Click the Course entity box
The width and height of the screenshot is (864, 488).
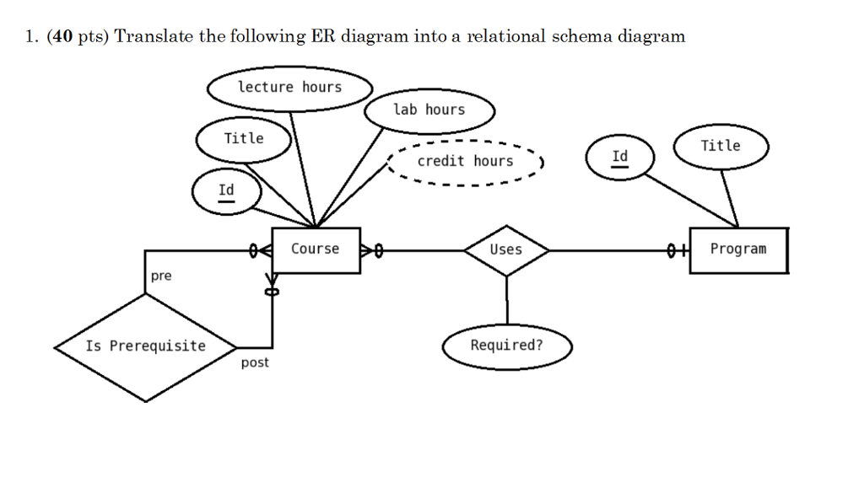(316, 249)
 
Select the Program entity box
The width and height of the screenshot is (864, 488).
(738, 249)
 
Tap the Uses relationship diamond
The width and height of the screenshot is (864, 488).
(506, 249)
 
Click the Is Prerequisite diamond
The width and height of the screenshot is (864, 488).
(145, 346)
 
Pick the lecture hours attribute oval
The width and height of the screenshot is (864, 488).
(289, 88)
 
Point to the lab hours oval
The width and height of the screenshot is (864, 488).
(429, 110)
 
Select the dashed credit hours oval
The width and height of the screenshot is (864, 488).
(465, 161)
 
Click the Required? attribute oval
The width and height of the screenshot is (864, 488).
(506, 346)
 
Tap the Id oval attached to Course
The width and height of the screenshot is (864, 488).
(226, 191)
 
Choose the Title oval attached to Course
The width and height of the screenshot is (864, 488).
(244, 139)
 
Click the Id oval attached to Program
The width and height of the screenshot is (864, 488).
(620, 158)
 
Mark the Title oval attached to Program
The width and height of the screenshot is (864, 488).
(721, 146)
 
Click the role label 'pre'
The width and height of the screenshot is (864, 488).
(161, 276)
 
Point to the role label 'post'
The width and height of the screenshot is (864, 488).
(255, 363)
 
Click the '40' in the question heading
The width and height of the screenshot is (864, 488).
(62, 36)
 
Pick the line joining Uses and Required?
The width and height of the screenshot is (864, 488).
(506, 300)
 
